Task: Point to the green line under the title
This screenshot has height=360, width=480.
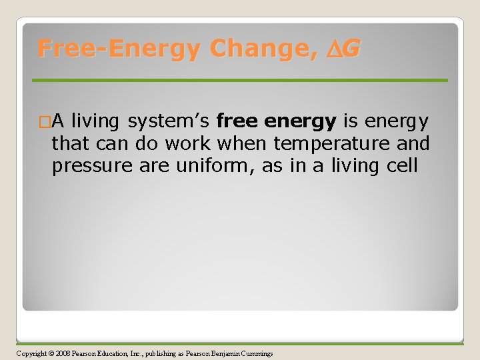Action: click(x=240, y=80)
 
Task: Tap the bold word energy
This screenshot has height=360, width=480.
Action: click(x=300, y=121)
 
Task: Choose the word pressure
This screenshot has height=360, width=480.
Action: click(x=93, y=166)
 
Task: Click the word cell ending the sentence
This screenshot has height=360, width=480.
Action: click(x=399, y=166)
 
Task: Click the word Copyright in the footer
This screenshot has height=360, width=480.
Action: click(x=31, y=353)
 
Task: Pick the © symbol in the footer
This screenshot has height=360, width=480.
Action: click(x=53, y=353)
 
